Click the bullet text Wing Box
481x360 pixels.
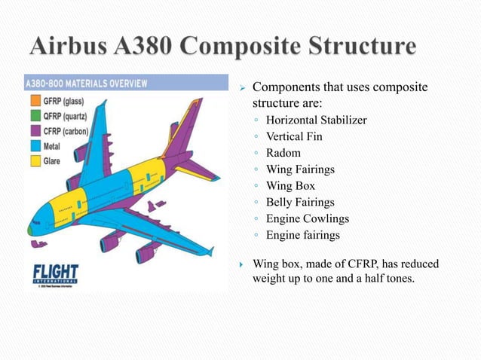point(290,186)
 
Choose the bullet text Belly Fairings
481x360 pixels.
point(300,202)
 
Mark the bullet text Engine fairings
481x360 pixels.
point(303,236)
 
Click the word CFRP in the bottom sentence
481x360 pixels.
point(354,264)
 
